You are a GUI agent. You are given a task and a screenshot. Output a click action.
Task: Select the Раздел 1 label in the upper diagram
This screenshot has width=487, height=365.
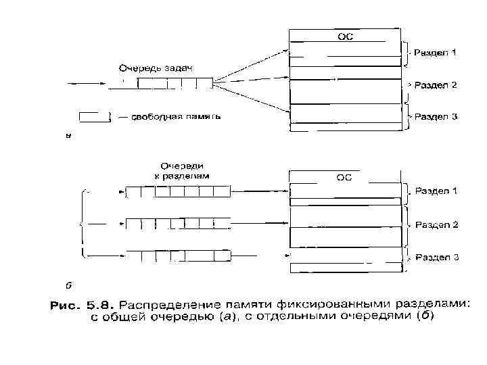[x=436, y=52]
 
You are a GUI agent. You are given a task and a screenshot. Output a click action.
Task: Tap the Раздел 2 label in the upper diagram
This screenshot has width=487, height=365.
[x=436, y=85]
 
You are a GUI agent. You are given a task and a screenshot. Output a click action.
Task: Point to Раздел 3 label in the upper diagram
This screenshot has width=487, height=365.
[x=436, y=116]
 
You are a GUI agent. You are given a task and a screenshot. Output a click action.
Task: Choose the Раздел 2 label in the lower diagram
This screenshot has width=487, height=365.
[x=436, y=224]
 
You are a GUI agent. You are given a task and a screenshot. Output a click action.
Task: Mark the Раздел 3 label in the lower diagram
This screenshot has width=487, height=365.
[x=436, y=257]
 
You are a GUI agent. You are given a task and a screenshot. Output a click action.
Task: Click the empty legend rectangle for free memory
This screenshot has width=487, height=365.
[x=95, y=117]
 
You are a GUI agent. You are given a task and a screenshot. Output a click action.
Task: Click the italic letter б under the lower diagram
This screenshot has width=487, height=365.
[x=68, y=283]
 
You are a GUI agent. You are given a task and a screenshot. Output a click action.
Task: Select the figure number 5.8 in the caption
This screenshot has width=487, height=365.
[x=95, y=306]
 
